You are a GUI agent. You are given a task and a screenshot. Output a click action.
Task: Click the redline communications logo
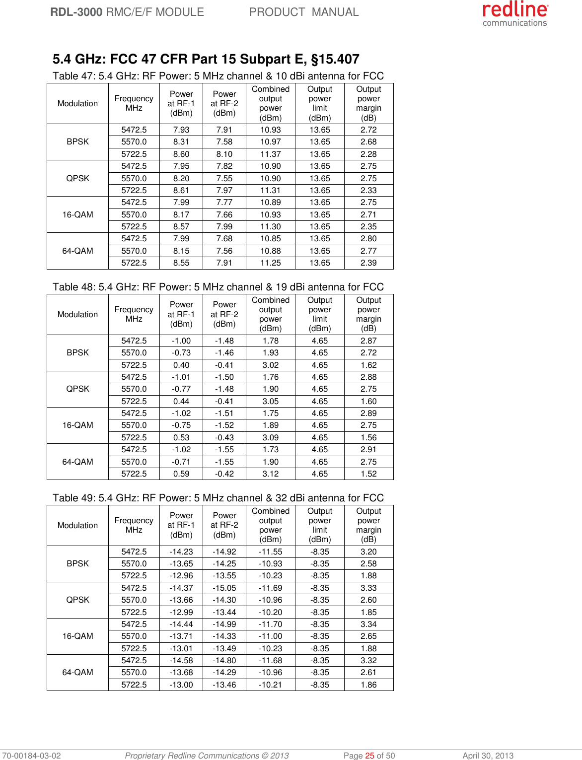click(515, 13)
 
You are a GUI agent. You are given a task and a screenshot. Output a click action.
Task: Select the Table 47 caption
click(218, 76)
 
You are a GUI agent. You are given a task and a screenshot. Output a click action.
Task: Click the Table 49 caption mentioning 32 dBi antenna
click(218, 498)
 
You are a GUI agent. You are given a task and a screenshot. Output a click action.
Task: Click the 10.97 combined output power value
click(270, 142)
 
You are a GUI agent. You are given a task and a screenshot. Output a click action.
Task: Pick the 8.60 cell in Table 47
click(181, 154)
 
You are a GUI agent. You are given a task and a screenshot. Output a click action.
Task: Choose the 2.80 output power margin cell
click(368, 239)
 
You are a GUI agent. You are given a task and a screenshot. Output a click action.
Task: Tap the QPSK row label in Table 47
click(77, 178)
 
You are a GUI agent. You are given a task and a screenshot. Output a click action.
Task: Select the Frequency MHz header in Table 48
click(134, 314)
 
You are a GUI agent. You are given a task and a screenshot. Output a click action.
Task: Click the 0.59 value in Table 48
click(181, 474)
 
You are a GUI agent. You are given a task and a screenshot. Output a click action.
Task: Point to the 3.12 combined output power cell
click(270, 474)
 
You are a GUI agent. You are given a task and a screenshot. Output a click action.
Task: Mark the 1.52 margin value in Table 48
click(368, 474)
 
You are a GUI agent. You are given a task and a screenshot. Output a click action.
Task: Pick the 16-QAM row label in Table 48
click(77, 425)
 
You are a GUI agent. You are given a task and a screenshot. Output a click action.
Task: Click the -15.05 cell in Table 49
click(224, 588)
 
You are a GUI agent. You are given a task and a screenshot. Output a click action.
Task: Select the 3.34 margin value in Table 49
click(368, 624)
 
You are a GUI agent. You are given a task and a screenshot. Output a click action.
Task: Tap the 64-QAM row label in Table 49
click(77, 672)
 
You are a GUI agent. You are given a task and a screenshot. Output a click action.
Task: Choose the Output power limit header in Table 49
click(320, 525)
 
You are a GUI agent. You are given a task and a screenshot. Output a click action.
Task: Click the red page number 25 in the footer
click(370, 756)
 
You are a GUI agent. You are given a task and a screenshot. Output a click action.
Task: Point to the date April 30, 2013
click(488, 756)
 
